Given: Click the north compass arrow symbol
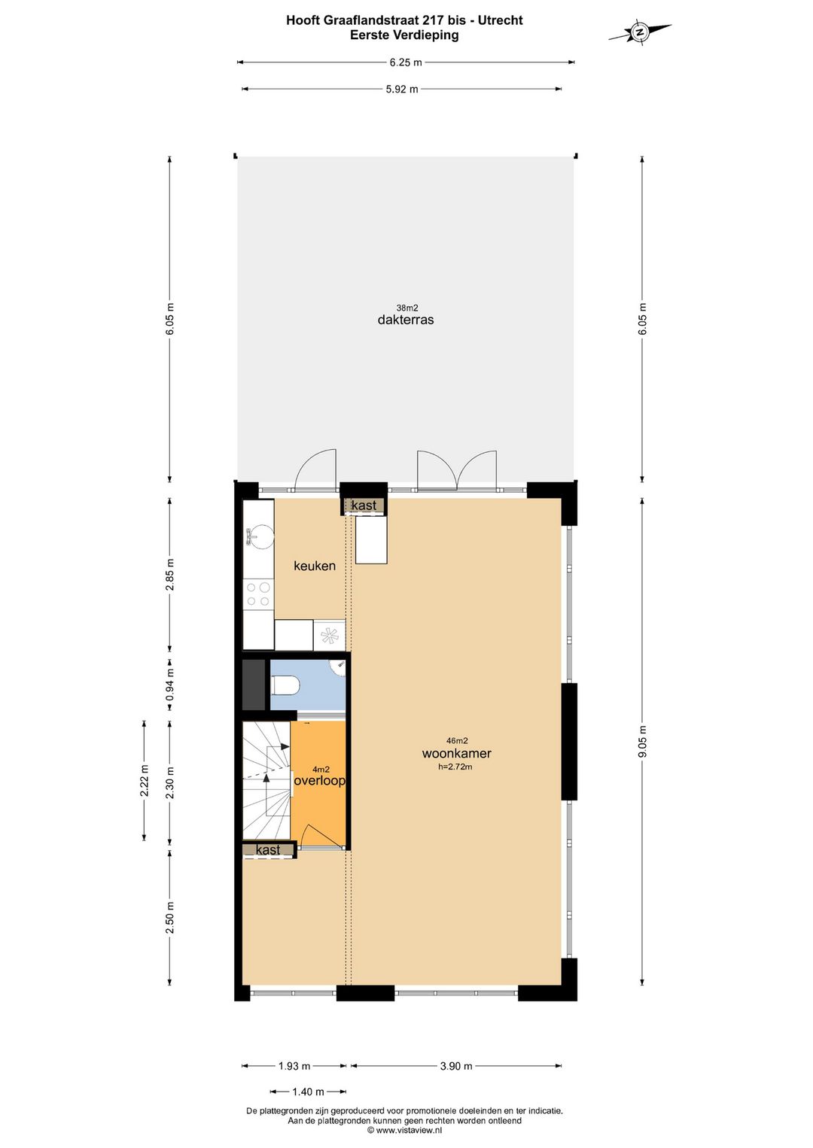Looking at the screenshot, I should [x=640, y=32].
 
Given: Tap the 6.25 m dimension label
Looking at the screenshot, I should [x=406, y=62].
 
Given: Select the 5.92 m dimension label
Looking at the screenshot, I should [x=402, y=89].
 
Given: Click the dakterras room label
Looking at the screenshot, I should [x=406, y=320].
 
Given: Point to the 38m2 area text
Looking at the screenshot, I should [x=406, y=308].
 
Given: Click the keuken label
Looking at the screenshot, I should [x=315, y=566].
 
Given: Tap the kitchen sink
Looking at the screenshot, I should [x=257, y=536].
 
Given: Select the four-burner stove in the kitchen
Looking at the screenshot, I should [x=258, y=594].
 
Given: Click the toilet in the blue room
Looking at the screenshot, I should [x=286, y=685].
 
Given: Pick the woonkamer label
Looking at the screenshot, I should [x=456, y=754].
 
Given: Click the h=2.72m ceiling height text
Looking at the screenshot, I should [x=455, y=767].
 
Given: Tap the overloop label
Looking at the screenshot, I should [x=319, y=781].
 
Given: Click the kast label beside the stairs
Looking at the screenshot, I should [x=268, y=850].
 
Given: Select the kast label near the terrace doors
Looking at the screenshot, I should [x=364, y=506].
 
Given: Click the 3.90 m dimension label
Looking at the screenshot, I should [x=456, y=1066].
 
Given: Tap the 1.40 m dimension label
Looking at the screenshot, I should [x=309, y=1092].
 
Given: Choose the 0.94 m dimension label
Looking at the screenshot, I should [x=170, y=685].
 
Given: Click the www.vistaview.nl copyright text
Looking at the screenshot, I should [x=404, y=1130].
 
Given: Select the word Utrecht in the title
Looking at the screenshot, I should [x=500, y=20].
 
